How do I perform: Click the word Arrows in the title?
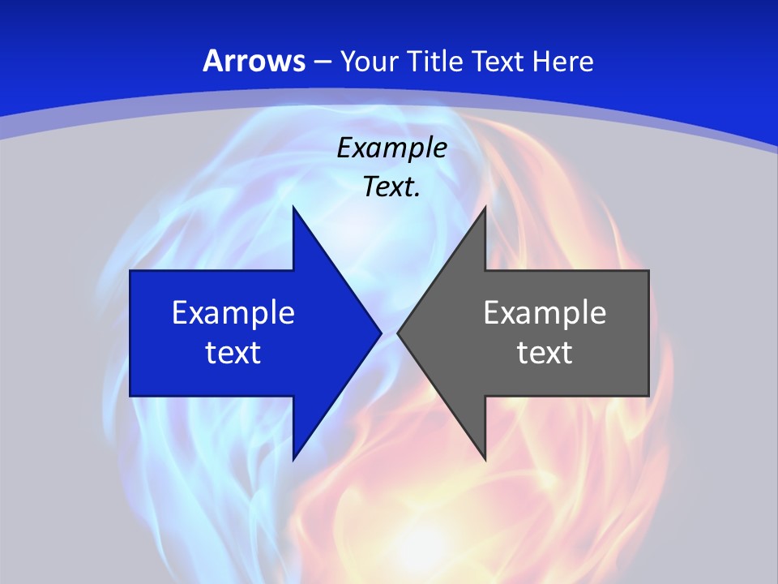pos(254,62)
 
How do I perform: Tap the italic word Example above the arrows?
pos(391,148)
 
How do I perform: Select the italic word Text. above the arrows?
pos(391,187)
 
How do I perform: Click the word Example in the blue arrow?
pos(233,313)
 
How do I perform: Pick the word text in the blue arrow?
pos(233,352)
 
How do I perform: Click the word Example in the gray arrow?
pos(545,313)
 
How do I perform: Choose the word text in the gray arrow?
pos(545,352)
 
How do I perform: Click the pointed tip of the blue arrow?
pos(381,333)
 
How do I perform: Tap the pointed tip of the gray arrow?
pos(398,333)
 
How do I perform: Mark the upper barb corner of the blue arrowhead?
pos(293,207)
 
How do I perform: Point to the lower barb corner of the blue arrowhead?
pos(293,460)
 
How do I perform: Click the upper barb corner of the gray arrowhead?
pos(485,207)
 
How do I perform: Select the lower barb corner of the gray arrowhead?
pos(485,460)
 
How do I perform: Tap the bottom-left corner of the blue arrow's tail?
pos(130,396)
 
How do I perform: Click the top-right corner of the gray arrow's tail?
pos(648,271)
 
